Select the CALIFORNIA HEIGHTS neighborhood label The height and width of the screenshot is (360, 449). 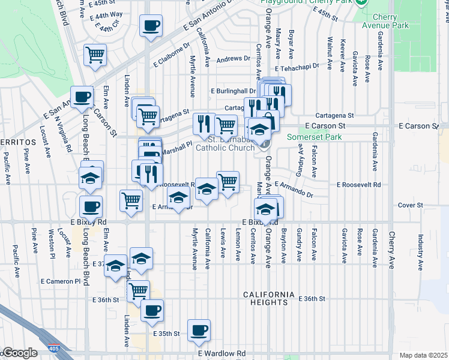click(x=269, y=298)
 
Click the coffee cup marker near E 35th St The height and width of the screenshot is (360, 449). click(x=199, y=330)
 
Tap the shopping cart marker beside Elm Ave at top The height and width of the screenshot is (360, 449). click(x=95, y=55)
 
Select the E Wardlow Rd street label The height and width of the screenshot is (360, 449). click(x=221, y=354)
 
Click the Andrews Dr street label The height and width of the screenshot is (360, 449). click(x=233, y=59)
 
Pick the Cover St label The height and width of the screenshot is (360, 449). click(x=411, y=205)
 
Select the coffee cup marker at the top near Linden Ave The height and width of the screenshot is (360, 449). click(x=150, y=26)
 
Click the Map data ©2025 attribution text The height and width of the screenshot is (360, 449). click(x=423, y=355)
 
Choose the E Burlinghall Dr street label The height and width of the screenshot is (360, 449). click(x=234, y=91)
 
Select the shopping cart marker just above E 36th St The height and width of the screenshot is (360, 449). click(x=139, y=291)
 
